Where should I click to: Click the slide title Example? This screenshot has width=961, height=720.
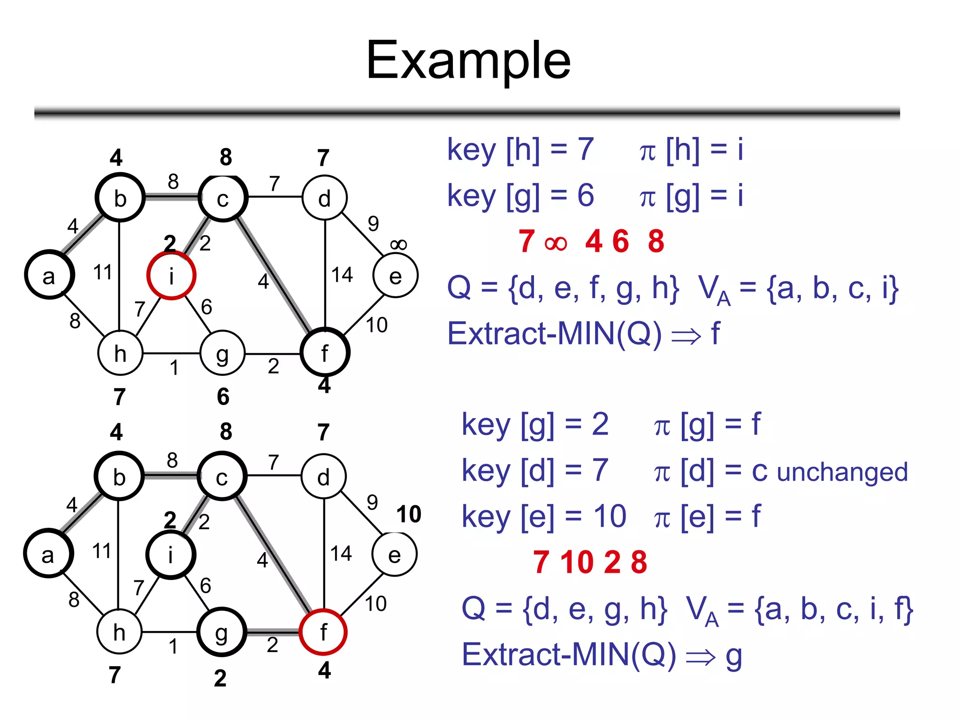click(x=468, y=60)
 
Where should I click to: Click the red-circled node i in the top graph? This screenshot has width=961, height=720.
click(x=171, y=276)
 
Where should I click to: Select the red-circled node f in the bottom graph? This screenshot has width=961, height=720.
click(x=323, y=632)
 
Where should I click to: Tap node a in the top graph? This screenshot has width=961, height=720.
click(x=49, y=276)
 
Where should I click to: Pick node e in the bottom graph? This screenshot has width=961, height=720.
click(x=395, y=555)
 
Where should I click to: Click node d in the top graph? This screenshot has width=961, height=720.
click(x=325, y=198)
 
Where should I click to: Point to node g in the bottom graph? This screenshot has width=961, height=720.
click(x=221, y=632)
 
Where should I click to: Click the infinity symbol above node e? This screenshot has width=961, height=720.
click(x=398, y=244)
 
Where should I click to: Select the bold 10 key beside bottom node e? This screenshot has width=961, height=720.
click(x=409, y=514)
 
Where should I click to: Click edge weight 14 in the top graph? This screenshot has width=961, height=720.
click(x=342, y=275)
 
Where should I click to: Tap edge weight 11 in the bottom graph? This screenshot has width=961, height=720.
click(x=102, y=551)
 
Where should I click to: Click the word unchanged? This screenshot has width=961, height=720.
click(x=842, y=472)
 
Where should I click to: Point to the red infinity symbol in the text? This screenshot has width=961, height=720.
click(x=556, y=243)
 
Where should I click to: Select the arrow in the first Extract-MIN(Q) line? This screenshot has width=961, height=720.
click(x=686, y=336)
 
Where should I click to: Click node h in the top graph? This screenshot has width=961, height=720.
click(x=120, y=353)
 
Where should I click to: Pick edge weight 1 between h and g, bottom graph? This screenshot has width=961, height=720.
click(x=173, y=646)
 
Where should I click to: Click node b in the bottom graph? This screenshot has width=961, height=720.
click(x=119, y=477)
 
